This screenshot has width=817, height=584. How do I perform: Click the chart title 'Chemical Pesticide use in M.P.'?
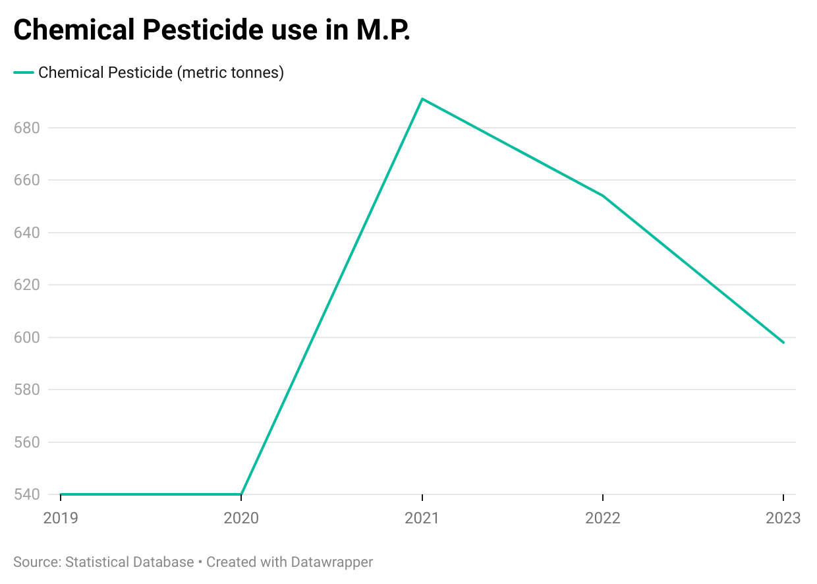click(x=211, y=31)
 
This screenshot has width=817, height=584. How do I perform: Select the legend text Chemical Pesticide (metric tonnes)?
click(x=161, y=73)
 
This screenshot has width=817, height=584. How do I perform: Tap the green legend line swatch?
click(x=24, y=73)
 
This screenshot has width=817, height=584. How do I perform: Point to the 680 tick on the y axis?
click(x=27, y=128)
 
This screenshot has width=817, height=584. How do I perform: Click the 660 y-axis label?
click(x=27, y=180)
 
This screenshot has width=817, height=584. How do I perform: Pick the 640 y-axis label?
click(x=27, y=233)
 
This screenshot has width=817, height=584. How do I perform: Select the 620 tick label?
click(x=27, y=285)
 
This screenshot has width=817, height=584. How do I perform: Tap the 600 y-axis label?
click(x=27, y=337)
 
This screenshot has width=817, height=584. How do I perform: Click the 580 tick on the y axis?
click(x=27, y=390)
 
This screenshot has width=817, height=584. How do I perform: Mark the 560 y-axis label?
click(x=27, y=442)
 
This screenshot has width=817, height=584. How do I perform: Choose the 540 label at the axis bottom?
click(x=27, y=494)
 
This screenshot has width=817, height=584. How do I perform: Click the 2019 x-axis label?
click(x=61, y=518)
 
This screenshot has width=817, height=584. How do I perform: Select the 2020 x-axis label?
click(x=241, y=518)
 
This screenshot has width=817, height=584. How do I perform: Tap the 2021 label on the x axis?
click(x=422, y=518)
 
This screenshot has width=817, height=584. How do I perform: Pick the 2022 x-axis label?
click(x=603, y=518)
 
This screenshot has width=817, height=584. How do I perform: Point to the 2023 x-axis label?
click(x=783, y=518)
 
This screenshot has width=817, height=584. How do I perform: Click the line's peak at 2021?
click(x=422, y=99)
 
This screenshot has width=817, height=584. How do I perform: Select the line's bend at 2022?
click(x=603, y=196)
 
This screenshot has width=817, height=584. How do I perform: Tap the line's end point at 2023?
click(x=783, y=343)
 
